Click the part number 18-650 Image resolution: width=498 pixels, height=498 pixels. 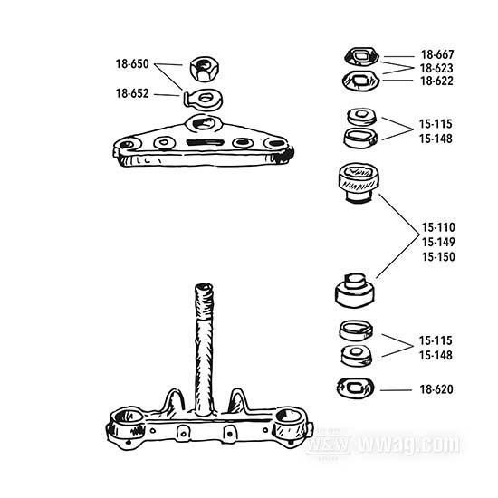(x=132, y=64)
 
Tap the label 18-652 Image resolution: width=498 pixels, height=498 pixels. (x=132, y=93)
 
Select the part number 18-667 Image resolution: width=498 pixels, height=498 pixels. (x=437, y=54)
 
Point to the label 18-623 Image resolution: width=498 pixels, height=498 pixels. (x=436, y=68)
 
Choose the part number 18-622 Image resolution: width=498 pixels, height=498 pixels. (x=436, y=81)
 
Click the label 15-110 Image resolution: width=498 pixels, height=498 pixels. (x=438, y=227)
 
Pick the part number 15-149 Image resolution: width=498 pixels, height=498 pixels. (x=438, y=242)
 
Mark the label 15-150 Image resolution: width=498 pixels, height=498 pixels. (x=438, y=256)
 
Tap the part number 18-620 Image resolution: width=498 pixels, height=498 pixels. (x=436, y=389)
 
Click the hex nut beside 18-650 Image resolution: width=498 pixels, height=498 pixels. (x=205, y=69)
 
